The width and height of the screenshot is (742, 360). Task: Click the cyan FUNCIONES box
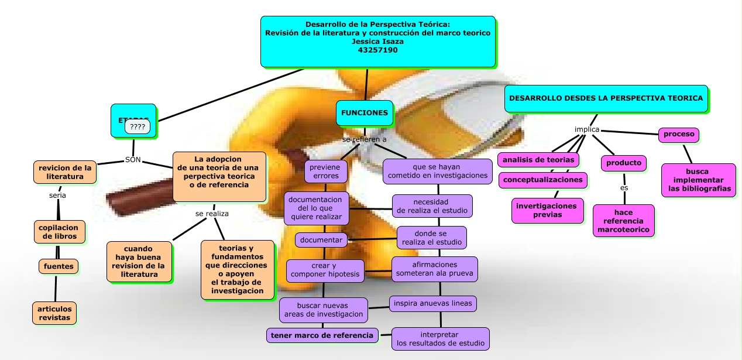(365, 113)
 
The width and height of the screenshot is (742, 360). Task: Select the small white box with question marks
(138, 126)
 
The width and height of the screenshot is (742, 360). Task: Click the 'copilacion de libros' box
(59, 232)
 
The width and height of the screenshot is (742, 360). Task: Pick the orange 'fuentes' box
(59, 266)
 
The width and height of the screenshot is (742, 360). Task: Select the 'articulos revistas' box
(54, 313)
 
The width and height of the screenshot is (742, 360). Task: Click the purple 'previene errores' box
(326, 172)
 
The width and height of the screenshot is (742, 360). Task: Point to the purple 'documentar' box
(321, 240)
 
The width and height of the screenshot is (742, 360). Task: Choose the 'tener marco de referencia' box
(321, 335)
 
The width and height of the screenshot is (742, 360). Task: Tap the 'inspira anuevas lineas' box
(433, 303)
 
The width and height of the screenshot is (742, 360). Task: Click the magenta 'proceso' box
(679, 135)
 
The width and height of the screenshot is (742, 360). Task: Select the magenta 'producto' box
(623, 163)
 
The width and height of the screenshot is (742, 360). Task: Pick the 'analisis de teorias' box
(539, 160)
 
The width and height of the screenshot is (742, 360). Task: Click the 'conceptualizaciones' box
(543, 180)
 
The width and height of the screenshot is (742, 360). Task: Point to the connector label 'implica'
(587, 129)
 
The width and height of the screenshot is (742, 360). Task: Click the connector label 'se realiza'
(212, 214)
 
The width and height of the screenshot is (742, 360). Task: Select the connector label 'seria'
(57, 196)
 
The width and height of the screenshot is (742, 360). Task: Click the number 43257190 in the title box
(377, 50)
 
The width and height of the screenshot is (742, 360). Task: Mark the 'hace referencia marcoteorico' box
(624, 221)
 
